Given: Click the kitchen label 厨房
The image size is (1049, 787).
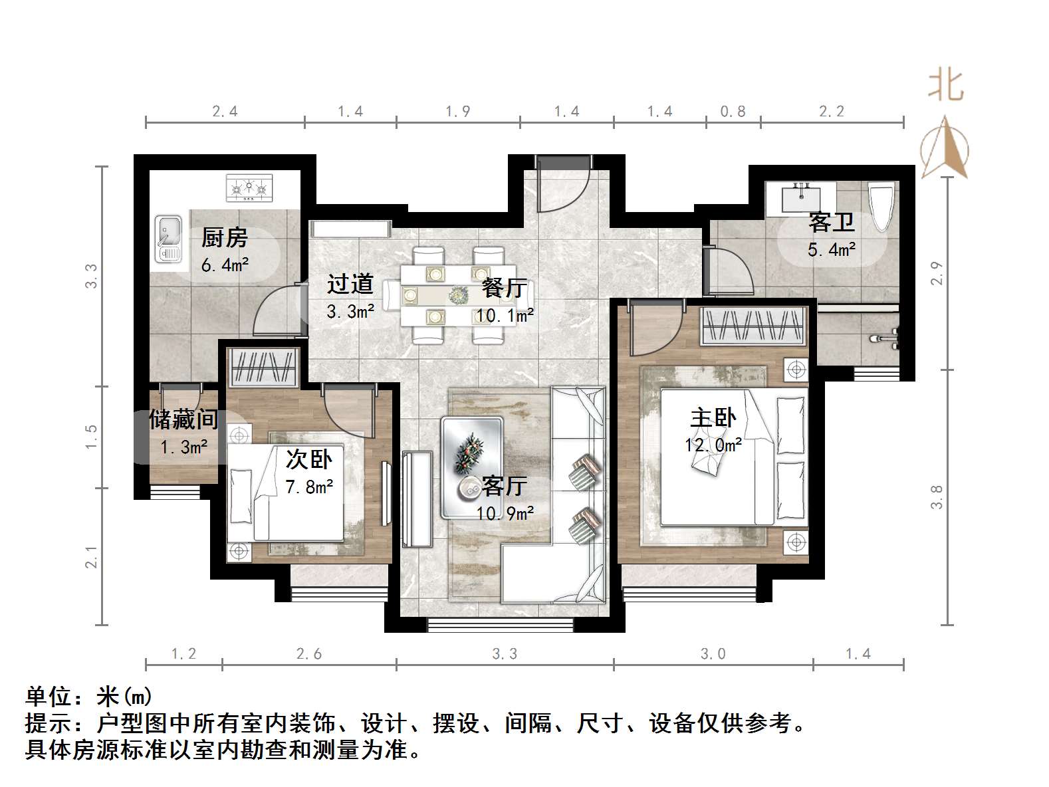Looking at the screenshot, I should click(224, 237).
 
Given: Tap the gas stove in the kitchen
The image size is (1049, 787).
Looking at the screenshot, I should click(249, 188).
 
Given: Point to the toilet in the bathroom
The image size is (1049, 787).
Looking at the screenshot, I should click(881, 207).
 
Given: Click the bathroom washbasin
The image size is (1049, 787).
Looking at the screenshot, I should click(801, 198).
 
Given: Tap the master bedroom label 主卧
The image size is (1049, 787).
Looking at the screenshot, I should click(713, 418).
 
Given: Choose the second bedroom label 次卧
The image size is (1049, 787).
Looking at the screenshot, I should click(309, 459).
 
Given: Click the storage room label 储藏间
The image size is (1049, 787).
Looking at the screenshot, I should click(183, 419).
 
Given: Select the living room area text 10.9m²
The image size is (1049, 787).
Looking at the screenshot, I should click(505, 514).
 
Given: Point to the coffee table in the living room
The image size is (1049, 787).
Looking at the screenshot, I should click(472, 467).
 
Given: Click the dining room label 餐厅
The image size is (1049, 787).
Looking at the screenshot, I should click(504, 288).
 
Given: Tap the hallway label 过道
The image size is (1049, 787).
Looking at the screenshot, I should click(350, 284).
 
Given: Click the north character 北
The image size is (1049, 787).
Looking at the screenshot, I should click(946, 86).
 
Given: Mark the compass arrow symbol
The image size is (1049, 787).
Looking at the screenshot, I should click(945, 148).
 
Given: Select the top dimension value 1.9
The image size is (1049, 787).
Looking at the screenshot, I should click(458, 112).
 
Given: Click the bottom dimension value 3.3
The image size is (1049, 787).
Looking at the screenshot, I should click(505, 654).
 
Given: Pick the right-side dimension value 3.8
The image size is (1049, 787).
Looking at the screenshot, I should click(937, 497).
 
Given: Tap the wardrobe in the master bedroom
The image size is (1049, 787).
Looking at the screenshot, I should click(755, 326).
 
